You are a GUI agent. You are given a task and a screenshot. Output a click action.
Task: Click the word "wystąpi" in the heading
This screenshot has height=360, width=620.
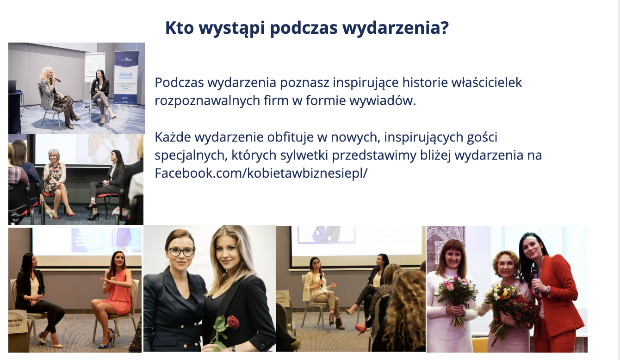click(232, 28)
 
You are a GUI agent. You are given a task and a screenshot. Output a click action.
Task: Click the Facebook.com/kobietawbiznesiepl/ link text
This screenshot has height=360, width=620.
click(261, 173)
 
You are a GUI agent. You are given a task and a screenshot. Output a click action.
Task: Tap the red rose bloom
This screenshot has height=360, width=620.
click(233, 322)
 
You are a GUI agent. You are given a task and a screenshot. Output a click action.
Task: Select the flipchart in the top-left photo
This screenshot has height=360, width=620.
click(95, 67)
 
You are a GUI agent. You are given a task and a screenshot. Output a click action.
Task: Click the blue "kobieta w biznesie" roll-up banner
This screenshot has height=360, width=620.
click(126, 78)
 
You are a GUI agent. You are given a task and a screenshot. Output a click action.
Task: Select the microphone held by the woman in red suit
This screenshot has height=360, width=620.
click(536, 280)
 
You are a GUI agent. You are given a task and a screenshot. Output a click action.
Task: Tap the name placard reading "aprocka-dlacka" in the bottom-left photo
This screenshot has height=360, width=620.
click(17, 323)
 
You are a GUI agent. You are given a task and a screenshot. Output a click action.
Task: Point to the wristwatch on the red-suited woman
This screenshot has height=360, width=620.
click(548, 290)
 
